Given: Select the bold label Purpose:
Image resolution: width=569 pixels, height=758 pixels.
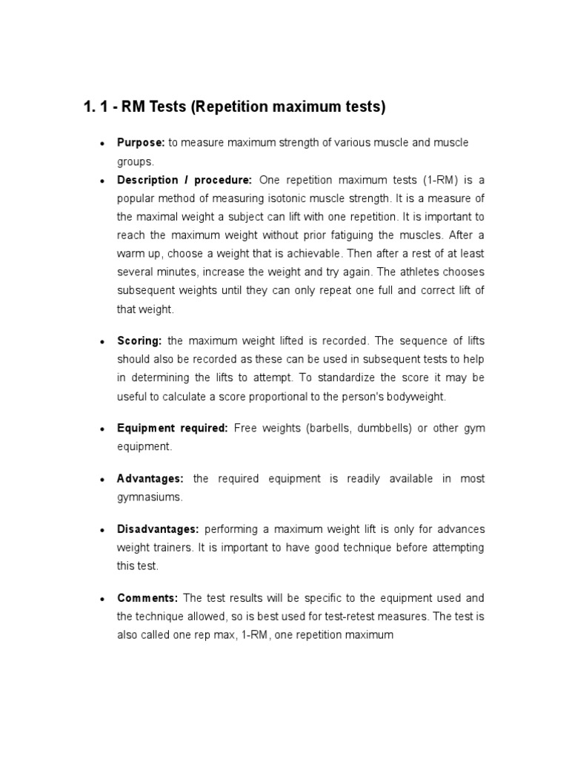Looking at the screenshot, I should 141,142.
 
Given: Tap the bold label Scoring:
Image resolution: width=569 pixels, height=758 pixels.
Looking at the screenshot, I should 139,341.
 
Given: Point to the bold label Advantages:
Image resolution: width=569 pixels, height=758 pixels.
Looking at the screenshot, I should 150,479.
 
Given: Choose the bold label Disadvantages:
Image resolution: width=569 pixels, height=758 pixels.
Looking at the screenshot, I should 158,529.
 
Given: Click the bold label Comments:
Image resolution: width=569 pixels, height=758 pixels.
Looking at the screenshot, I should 147,597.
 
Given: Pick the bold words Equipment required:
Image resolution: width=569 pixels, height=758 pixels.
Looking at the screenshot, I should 173,429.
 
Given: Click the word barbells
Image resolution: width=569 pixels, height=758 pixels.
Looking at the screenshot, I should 328,429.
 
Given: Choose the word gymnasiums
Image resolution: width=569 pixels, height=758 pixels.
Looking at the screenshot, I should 149,497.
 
